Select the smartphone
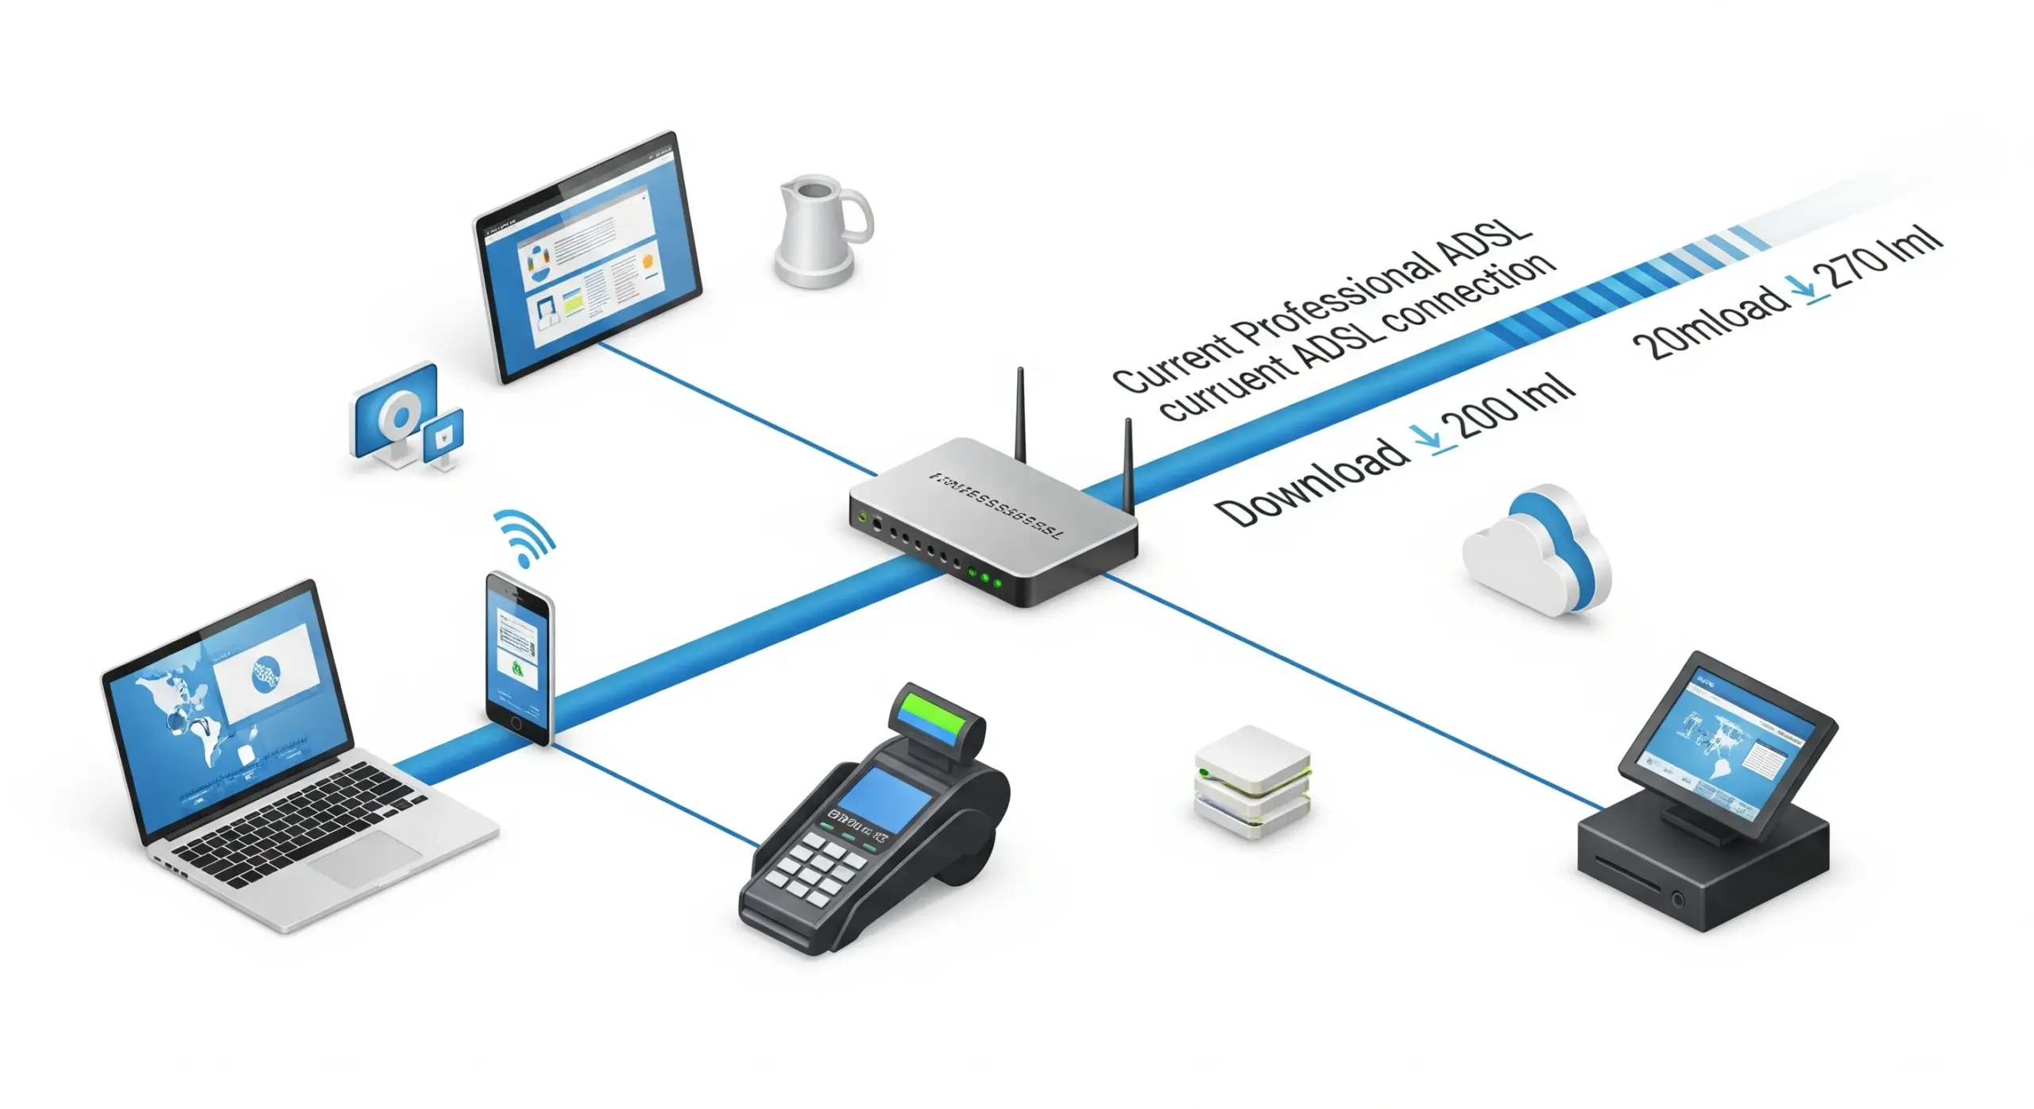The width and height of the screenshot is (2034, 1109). pyautogui.click(x=519, y=658)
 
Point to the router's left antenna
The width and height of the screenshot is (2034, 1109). pyautogui.click(x=1020, y=413)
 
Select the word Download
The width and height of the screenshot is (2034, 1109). pyautogui.click(x=1311, y=482)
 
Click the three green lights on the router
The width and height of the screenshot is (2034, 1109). pyautogui.click(x=985, y=578)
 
